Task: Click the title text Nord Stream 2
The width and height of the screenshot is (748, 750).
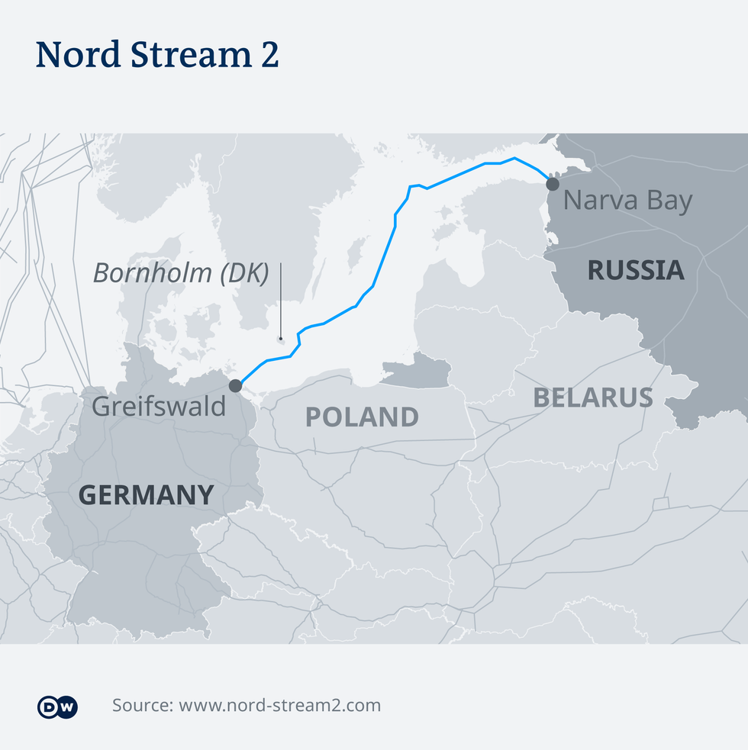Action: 156,55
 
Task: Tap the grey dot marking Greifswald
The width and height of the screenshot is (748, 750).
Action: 236,385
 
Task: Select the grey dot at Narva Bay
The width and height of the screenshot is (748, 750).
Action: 552,184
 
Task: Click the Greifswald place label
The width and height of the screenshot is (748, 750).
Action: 159,406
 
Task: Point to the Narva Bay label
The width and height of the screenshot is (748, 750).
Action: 627,201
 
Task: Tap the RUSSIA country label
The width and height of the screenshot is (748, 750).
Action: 635,270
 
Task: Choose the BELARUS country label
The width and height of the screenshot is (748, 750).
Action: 592,398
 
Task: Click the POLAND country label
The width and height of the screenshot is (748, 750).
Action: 362,417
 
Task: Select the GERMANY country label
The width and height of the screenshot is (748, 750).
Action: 146,495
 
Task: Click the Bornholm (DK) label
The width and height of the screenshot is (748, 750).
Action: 181,273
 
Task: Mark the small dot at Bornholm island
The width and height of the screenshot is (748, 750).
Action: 281,338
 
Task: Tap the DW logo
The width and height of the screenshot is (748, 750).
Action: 57,707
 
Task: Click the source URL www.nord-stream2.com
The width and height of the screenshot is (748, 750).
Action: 279,706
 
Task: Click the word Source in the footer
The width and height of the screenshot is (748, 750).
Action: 141,706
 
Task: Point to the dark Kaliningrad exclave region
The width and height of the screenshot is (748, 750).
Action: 416,371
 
